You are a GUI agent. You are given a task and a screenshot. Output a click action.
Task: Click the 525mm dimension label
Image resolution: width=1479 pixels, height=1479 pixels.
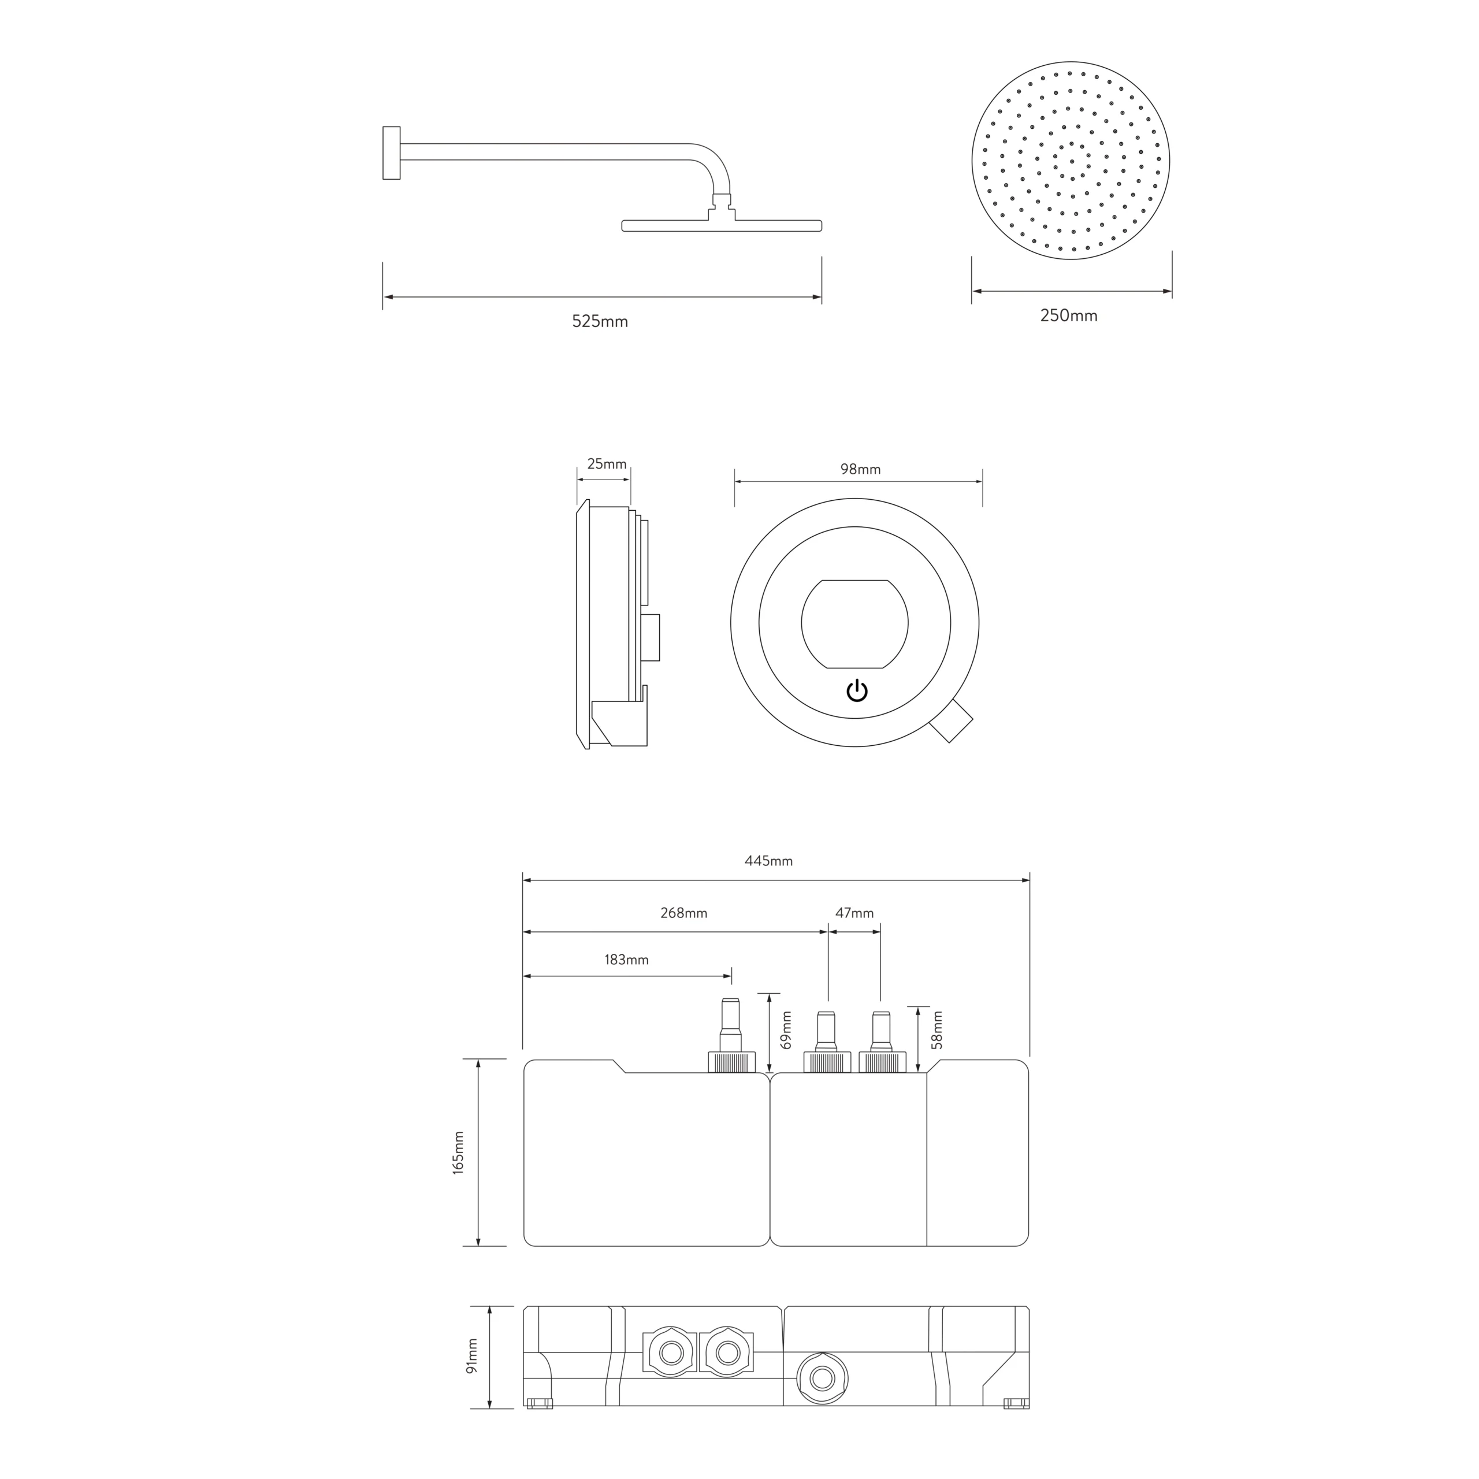click(x=600, y=322)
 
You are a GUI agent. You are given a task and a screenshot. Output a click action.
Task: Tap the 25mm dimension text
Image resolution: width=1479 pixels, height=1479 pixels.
click(x=606, y=464)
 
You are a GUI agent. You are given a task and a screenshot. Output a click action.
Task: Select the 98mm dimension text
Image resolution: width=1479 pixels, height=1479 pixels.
click(x=860, y=469)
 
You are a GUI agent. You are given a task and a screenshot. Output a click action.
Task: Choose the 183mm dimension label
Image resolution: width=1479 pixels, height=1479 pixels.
click(x=626, y=959)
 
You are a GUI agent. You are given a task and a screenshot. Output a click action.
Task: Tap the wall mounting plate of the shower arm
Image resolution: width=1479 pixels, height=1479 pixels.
click(x=391, y=153)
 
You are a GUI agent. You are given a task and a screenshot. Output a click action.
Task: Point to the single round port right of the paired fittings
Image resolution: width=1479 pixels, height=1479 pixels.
click(x=822, y=1378)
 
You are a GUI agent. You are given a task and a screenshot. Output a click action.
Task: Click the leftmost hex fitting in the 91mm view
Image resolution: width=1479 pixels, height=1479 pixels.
click(x=671, y=1352)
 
